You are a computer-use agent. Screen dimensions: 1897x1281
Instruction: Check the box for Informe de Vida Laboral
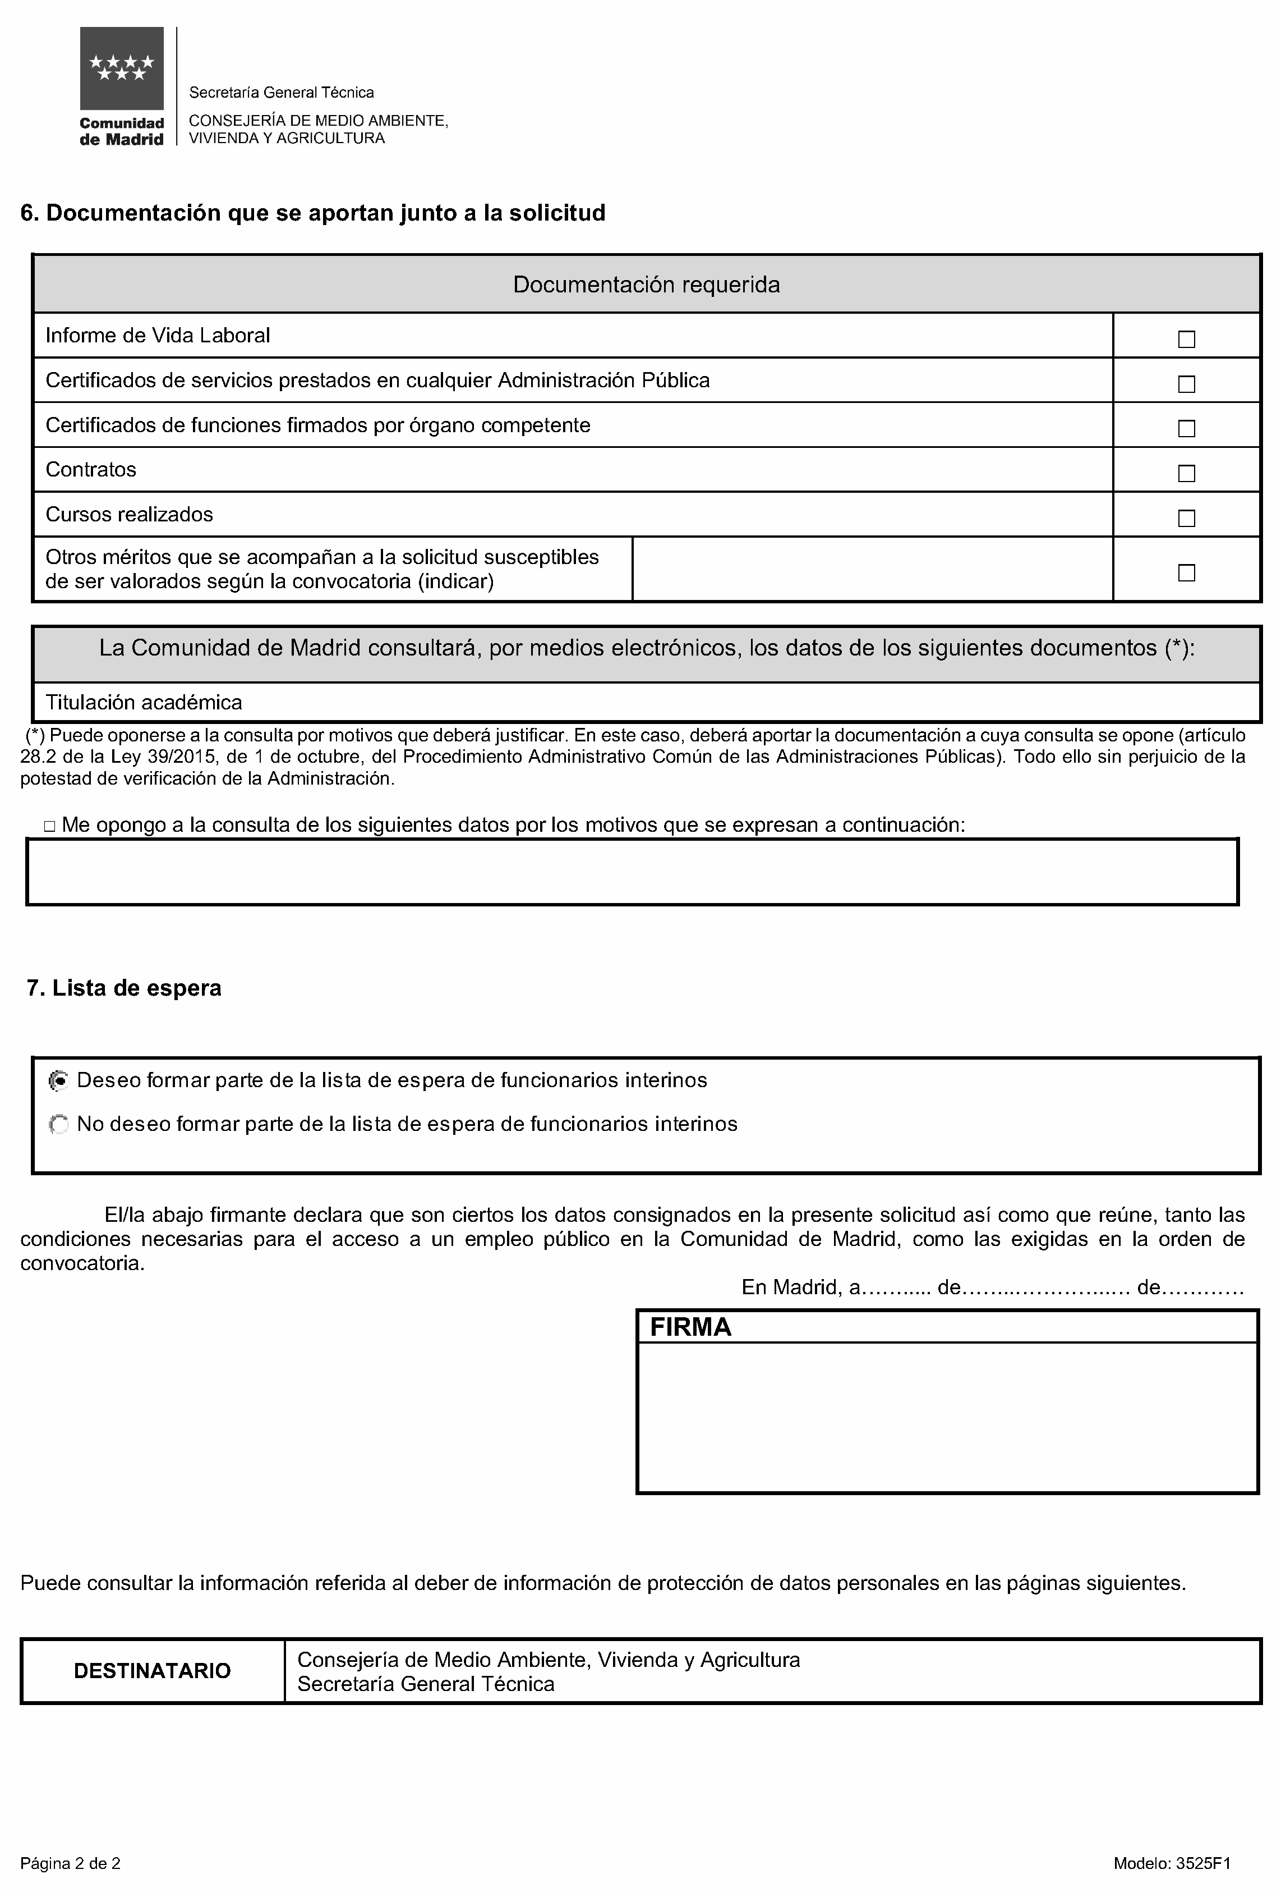click(1186, 339)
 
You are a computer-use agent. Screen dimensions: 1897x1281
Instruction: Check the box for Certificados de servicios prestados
click(1186, 384)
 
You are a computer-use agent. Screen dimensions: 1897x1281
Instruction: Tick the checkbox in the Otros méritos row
click(1186, 573)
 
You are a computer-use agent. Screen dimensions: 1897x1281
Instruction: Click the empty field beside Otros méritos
click(872, 569)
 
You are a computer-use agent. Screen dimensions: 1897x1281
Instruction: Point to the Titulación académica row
click(144, 702)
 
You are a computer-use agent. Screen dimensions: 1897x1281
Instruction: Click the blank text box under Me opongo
click(632, 872)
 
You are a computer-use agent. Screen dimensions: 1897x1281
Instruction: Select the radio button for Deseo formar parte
click(59, 1081)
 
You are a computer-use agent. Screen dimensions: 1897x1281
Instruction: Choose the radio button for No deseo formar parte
click(59, 1125)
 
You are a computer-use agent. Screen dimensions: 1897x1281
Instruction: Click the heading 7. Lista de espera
click(124, 988)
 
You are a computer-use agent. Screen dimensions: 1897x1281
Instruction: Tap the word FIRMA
click(690, 1328)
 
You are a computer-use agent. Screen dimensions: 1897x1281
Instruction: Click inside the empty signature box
click(947, 1417)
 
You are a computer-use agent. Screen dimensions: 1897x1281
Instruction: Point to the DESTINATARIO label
click(153, 1671)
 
